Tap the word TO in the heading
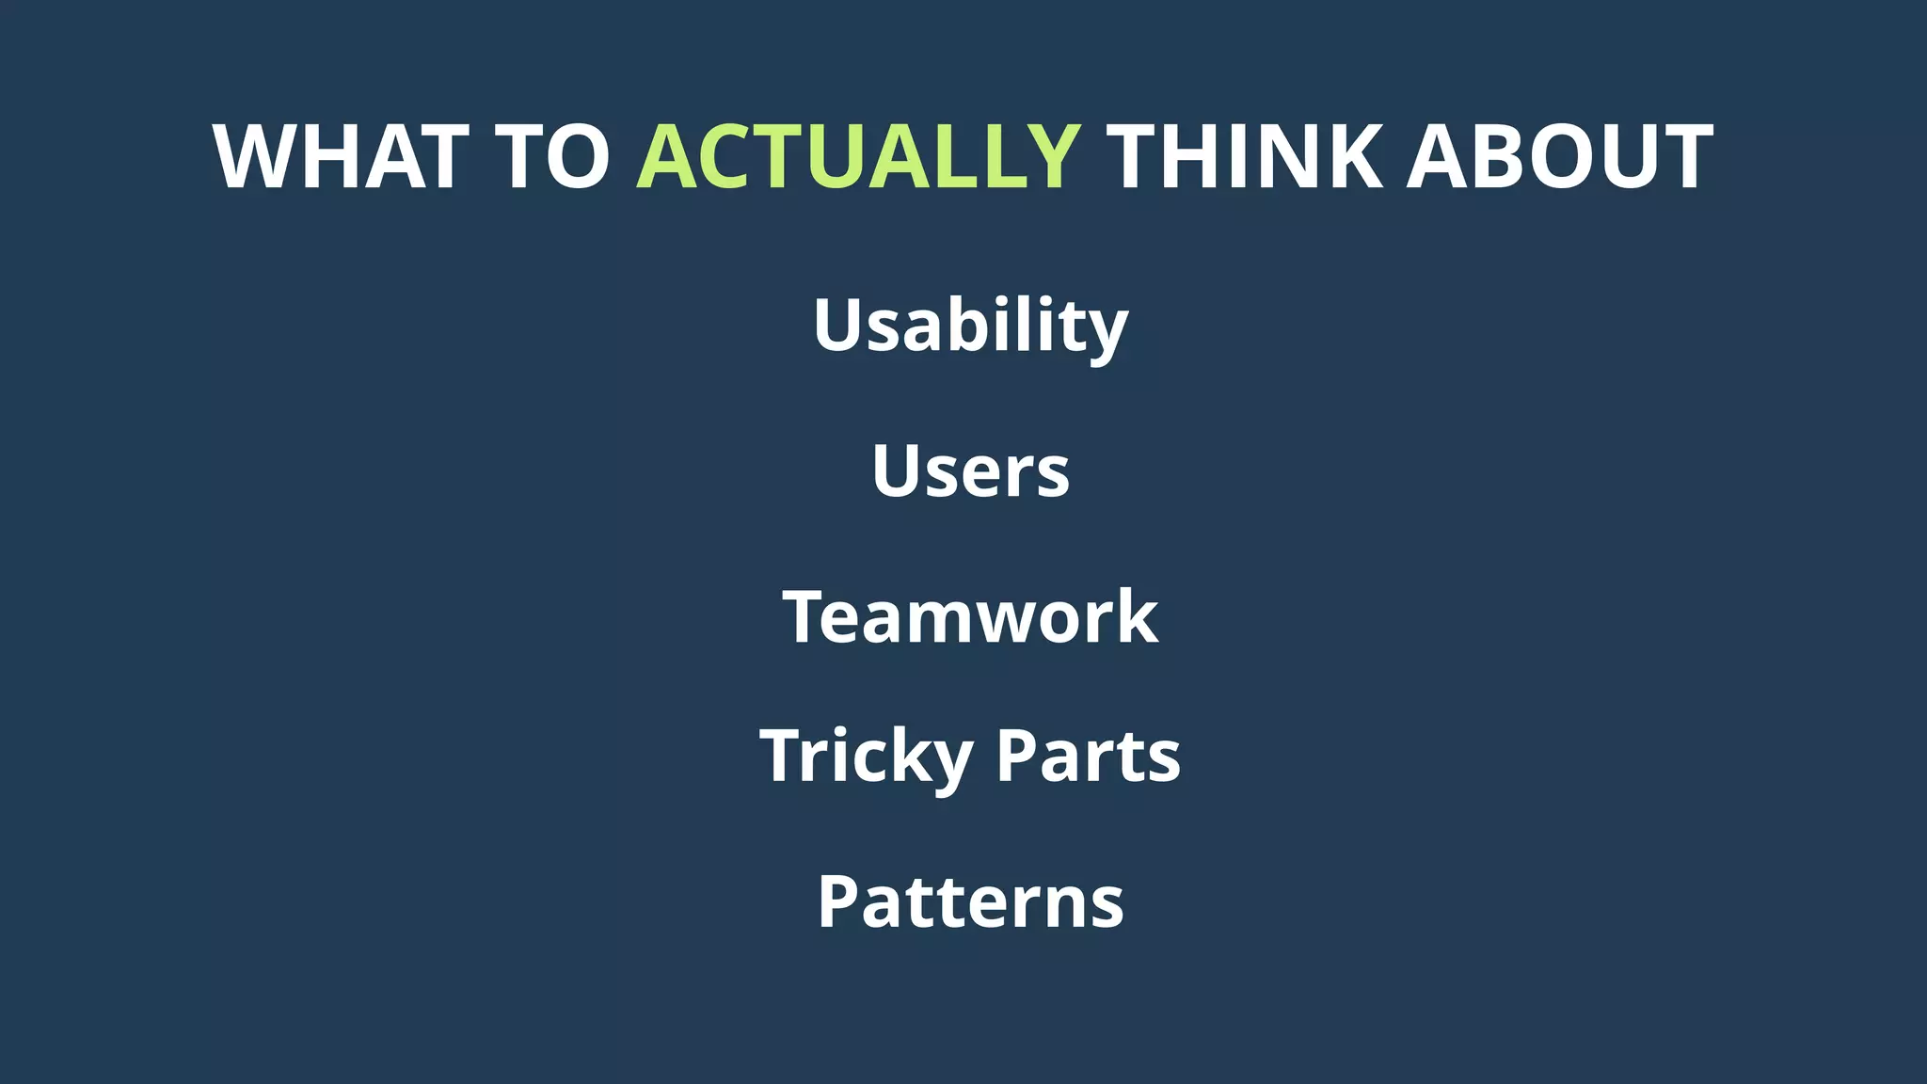pyautogui.click(x=553, y=157)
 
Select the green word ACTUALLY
pyautogui.click(x=858, y=157)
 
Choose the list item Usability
pyautogui.click(x=970, y=326)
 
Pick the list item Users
pyautogui.click(x=970, y=470)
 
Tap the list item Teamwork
pyautogui.click(x=970, y=617)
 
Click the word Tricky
pyautogui.click(x=866, y=757)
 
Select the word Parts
pyautogui.click(x=1088, y=757)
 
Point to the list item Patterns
pyautogui.click(x=970, y=902)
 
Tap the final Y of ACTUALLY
pyautogui.click(x=1046, y=157)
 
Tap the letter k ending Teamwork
pyautogui.click(x=1137, y=617)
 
